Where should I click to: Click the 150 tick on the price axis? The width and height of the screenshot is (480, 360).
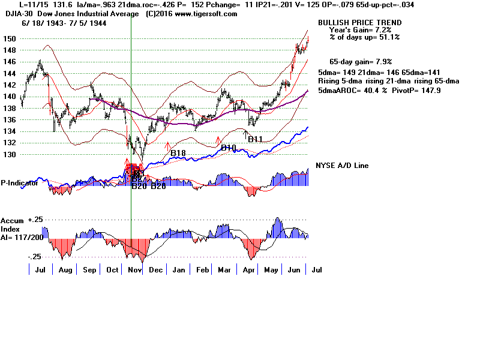10,39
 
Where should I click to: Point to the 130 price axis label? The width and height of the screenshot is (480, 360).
10,155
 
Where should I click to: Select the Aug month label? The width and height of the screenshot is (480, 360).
66,271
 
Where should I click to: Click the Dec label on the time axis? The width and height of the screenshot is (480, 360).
155,271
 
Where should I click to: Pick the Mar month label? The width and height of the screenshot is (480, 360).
225,271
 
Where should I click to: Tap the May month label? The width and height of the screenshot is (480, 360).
271,271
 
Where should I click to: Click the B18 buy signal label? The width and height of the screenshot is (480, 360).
178,154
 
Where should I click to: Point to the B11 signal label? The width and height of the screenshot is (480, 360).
256,139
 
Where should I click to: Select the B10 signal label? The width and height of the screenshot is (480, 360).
229,147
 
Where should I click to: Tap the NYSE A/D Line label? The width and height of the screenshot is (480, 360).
342,166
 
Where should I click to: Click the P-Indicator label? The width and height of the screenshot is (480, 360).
20,183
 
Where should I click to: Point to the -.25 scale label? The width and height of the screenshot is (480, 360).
34,256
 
